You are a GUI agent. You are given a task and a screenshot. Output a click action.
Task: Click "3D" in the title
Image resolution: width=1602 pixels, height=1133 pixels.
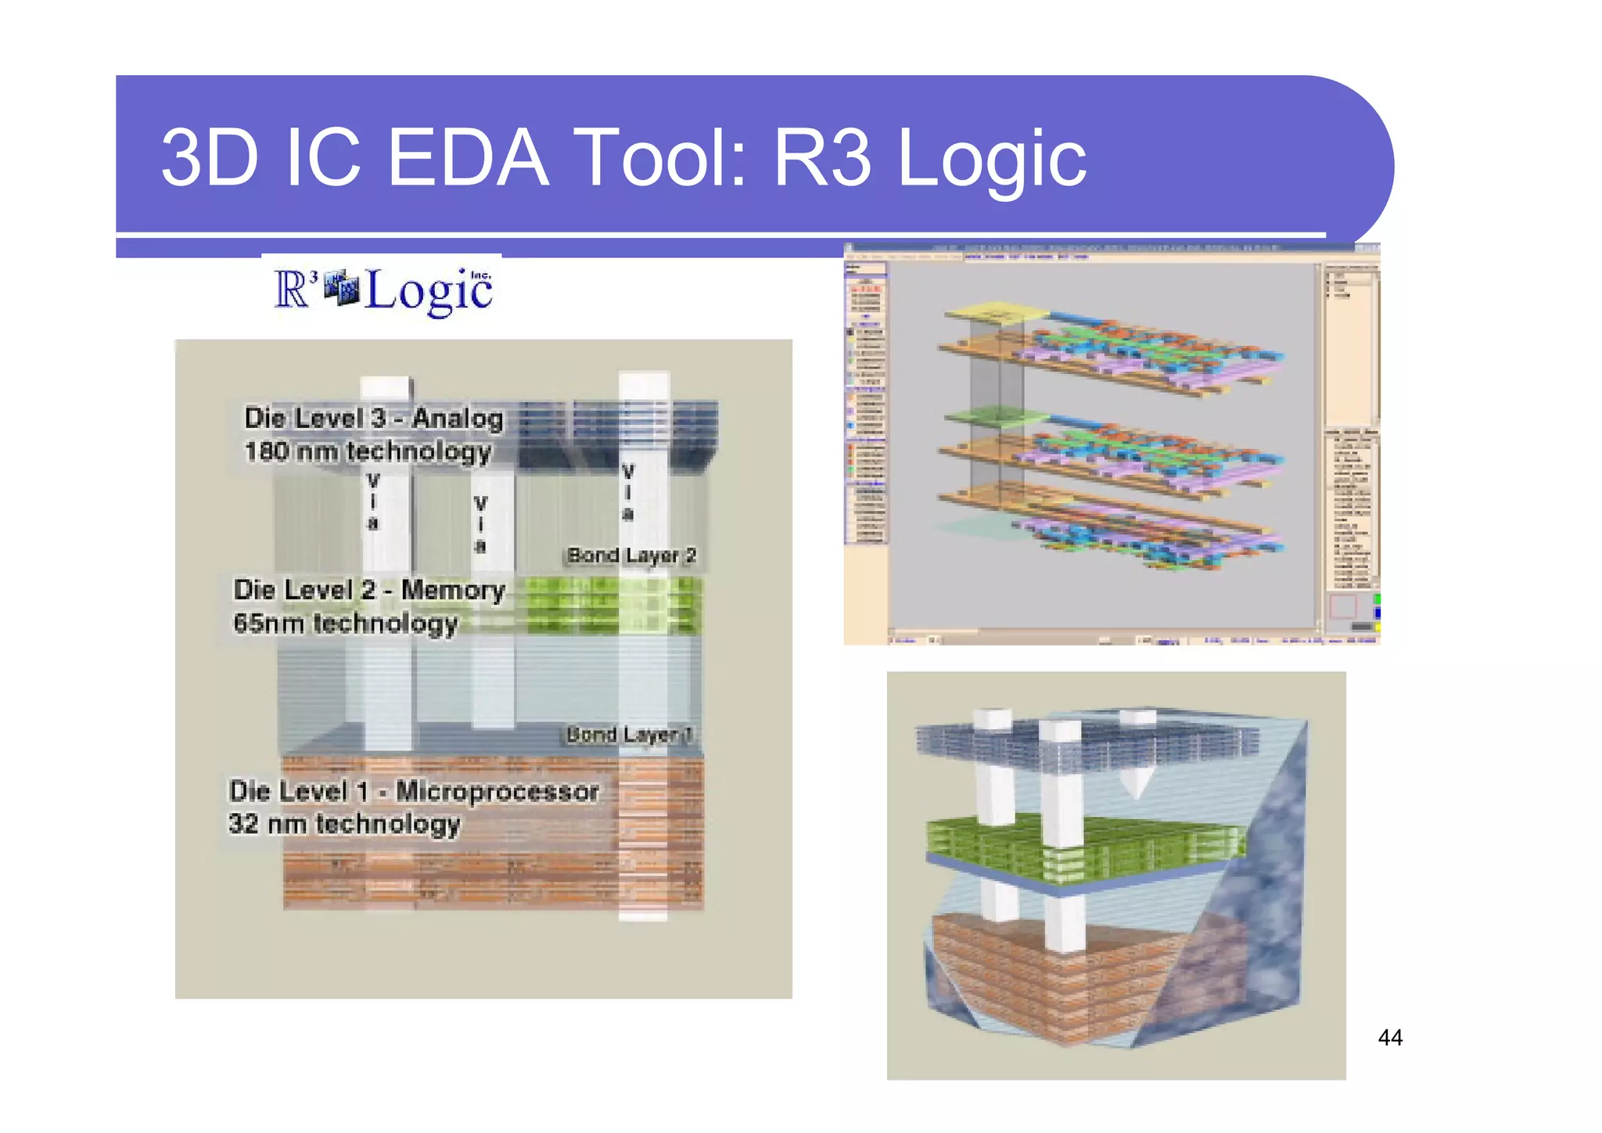pos(210,159)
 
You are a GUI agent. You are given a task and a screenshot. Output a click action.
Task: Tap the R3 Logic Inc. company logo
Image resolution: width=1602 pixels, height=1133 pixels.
pos(383,290)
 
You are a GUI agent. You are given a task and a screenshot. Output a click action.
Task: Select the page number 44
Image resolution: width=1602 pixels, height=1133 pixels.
pos(1389,1038)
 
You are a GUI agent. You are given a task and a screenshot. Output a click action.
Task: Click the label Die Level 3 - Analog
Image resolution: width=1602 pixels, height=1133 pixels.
pos(374,419)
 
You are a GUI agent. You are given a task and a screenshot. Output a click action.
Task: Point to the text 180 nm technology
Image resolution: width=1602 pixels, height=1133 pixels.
pos(368,451)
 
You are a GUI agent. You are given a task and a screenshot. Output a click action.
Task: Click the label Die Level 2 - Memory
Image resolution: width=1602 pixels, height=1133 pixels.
pos(369,590)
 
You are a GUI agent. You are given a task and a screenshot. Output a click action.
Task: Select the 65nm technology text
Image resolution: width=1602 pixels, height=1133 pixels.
pos(345,624)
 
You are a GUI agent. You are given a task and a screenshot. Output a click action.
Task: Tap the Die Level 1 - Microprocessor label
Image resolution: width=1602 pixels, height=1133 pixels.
pos(414,791)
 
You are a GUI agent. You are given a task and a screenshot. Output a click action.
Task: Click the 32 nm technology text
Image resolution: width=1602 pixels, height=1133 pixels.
pos(344,824)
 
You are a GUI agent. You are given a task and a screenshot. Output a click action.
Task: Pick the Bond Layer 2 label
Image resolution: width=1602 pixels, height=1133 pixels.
pos(631,556)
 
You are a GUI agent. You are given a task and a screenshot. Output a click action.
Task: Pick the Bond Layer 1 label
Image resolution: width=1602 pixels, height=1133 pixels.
pos(630,735)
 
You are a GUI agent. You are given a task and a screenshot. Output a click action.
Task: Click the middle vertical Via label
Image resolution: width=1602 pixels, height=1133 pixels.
pos(480,524)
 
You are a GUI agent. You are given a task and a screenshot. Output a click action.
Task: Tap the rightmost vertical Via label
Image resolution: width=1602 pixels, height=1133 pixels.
pos(627,492)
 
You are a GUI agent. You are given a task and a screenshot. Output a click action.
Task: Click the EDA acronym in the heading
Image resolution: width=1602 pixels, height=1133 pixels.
pos(467,159)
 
